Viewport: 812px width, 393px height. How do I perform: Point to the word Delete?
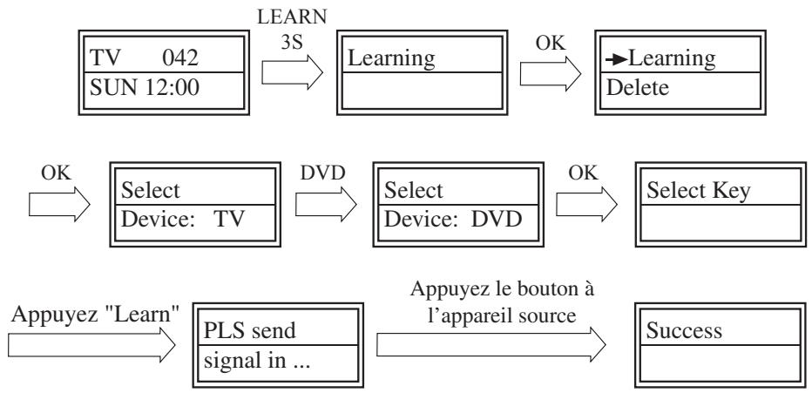[636, 91]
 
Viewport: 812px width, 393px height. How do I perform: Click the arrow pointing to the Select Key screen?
[584, 207]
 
